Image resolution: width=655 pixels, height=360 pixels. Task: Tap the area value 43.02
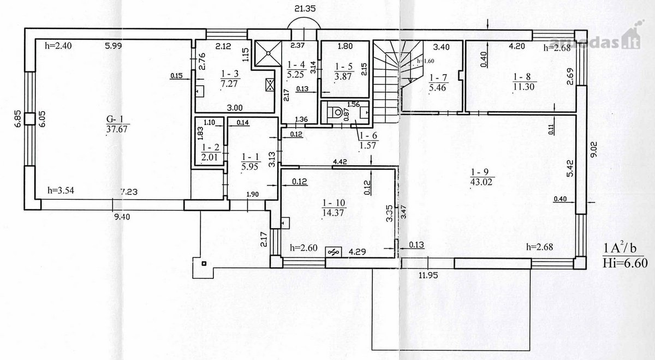(481, 182)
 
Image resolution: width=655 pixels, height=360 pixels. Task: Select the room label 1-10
(334, 203)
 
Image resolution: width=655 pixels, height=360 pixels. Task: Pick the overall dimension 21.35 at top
(305, 9)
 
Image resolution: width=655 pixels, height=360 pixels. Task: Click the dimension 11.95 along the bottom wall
(428, 275)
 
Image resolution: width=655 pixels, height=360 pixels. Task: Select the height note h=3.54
(61, 191)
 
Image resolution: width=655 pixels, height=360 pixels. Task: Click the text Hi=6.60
(625, 263)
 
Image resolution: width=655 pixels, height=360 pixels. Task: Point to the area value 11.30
(523, 87)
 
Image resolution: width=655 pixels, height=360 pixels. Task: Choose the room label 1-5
(344, 67)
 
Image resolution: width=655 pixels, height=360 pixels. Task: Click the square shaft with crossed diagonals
(268, 53)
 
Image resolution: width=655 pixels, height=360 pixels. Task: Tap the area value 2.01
(210, 157)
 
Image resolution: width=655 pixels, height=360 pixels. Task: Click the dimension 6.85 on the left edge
(18, 118)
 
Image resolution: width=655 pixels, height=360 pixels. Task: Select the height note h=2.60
(303, 248)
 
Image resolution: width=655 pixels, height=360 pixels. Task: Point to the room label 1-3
(230, 74)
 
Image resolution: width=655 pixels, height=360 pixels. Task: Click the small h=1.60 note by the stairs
(426, 61)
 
